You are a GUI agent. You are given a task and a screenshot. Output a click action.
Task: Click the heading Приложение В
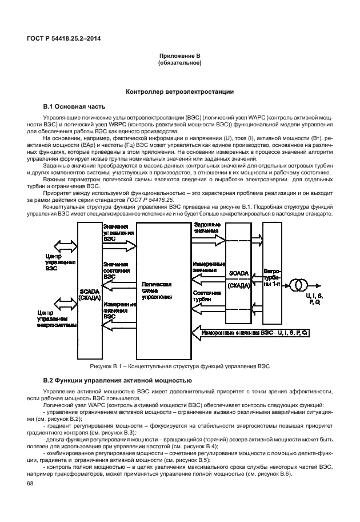point(179,56)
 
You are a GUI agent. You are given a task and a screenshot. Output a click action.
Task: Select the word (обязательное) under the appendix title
point(179,63)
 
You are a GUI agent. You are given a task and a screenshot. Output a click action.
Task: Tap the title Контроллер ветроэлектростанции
point(179,91)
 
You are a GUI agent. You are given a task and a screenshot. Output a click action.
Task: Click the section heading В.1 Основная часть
point(74,106)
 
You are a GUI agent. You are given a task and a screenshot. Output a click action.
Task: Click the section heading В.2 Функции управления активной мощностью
point(117,380)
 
